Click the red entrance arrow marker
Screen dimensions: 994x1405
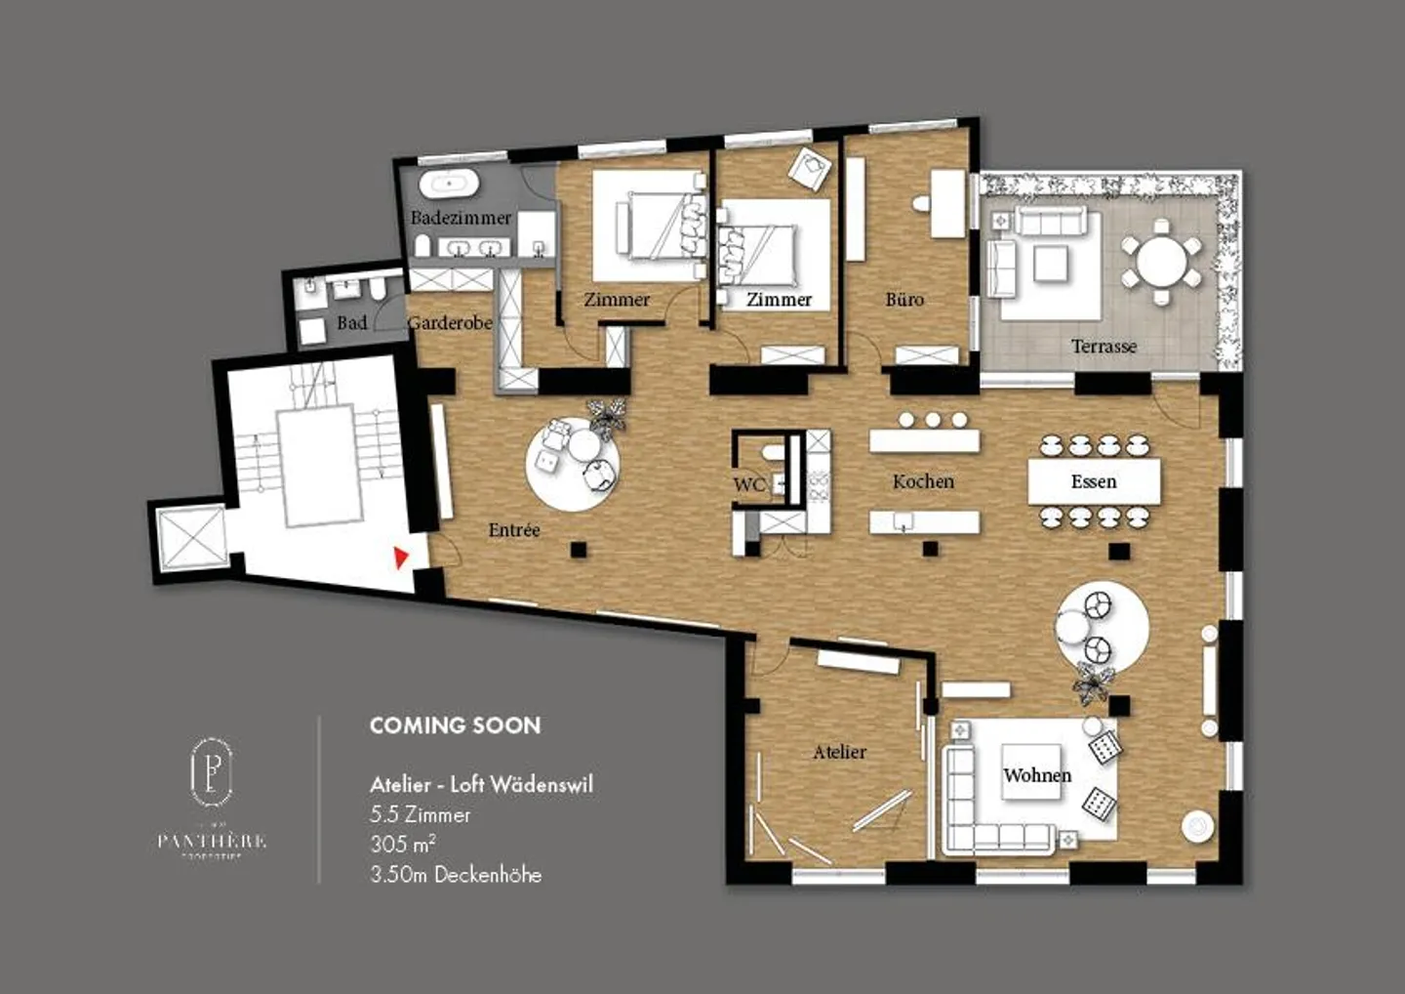point(400,558)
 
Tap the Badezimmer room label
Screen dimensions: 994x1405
point(461,218)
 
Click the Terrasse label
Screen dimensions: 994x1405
point(1104,346)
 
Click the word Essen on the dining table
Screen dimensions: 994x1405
point(1094,481)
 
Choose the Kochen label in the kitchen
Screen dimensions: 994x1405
point(923,481)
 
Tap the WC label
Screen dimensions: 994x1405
point(748,484)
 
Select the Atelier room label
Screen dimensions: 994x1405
point(839,752)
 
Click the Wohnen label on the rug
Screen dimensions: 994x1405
point(1037,775)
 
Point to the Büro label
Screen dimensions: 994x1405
point(904,300)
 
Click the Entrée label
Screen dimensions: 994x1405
point(514,530)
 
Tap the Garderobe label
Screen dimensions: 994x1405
point(450,322)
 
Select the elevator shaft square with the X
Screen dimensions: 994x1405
point(191,538)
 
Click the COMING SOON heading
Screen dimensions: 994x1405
point(455,725)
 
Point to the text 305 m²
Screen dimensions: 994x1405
point(402,845)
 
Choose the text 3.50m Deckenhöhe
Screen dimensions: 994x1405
point(456,875)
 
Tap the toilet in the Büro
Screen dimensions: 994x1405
point(921,204)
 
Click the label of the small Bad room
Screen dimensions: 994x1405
point(351,322)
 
